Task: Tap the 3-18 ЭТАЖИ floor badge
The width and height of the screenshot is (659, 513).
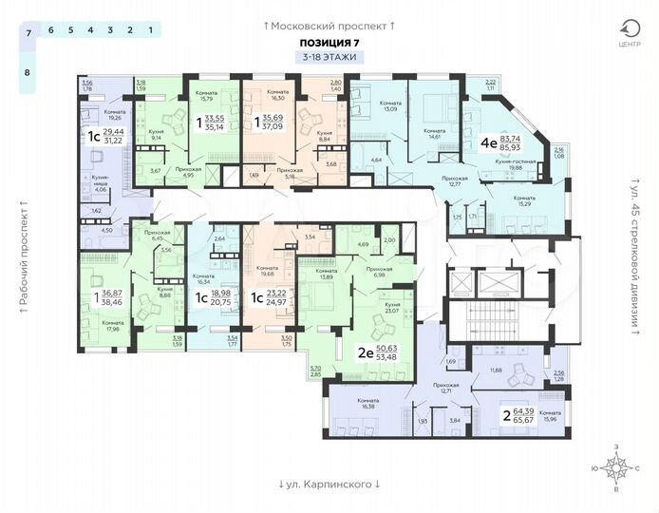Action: [329, 59]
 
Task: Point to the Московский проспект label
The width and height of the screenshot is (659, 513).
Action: [329, 25]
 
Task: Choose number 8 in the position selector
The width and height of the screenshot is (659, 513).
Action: [28, 72]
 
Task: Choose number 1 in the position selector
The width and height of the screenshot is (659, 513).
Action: [150, 31]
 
